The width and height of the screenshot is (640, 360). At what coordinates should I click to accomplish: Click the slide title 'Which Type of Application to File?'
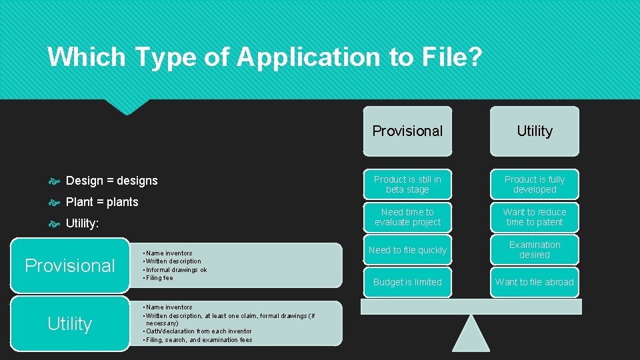pos(264,57)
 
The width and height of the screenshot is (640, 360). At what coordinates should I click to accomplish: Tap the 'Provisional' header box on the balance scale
pos(407,131)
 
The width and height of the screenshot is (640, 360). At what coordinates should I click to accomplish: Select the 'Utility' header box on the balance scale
pos(535,131)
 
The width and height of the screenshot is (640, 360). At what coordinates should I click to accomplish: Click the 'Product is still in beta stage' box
pos(407,184)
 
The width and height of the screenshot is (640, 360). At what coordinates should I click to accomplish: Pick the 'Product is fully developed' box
pos(535,184)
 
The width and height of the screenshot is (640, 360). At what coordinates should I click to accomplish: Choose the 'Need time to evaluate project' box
pos(407,217)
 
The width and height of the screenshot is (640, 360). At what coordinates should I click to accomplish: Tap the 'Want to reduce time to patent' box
pos(535,217)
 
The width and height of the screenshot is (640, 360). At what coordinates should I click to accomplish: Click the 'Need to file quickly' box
pos(407,250)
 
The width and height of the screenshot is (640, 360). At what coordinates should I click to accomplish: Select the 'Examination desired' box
pos(535,249)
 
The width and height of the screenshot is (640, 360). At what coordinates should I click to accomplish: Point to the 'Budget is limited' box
pos(407,282)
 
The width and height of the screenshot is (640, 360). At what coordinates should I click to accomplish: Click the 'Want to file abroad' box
pos(535,282)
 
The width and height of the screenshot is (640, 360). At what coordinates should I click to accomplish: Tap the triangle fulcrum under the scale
pos(471,334)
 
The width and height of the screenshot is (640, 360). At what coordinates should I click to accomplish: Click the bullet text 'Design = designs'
pos(112,181)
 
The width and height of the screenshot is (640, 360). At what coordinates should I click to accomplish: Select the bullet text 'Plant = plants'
pos(102,202)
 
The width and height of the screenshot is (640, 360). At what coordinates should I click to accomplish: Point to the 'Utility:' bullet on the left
pos(82,223)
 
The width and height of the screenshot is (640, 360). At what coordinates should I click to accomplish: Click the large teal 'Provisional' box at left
pos(70,265)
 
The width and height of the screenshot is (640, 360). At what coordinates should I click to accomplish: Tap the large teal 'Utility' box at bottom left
pos(70,324)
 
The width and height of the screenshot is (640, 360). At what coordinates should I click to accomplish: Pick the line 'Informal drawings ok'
pos(177,270)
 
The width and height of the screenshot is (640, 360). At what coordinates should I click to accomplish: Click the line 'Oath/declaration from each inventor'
pos(199,331)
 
